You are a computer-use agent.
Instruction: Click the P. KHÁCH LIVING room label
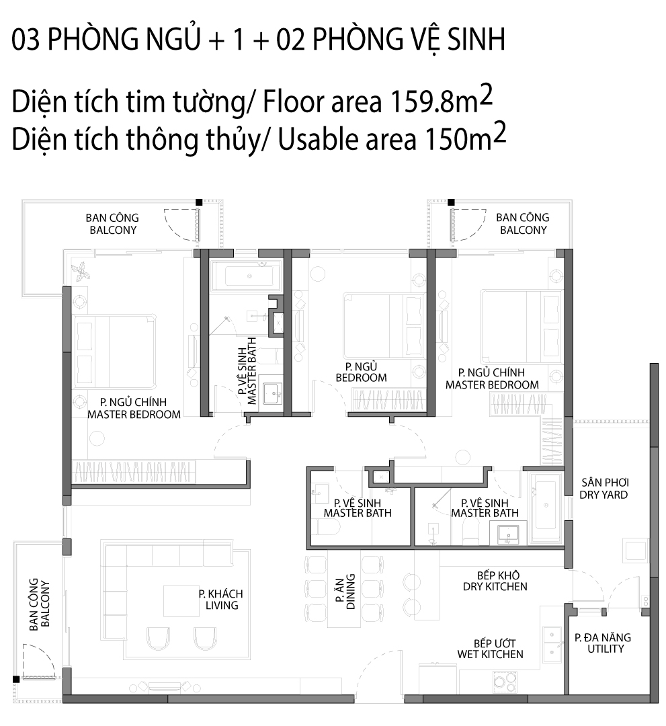click(x=220, y=599)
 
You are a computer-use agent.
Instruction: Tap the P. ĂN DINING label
click(x=345, y=592)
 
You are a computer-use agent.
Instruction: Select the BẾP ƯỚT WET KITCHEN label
click(x=490, y=649)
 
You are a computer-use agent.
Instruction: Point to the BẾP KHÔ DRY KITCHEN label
click(x=495, y=581)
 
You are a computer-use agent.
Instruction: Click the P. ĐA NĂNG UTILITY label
click(x=603, y=643)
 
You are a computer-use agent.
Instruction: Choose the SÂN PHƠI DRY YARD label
click(x=604, y=489)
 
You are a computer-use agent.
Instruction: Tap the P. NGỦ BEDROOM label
click(x=361, y=372)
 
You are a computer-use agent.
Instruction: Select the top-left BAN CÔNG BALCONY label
click(x=112, y=224)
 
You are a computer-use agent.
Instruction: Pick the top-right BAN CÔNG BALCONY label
click(x=523, y=224)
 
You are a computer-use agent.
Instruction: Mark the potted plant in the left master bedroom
click(x=81, y=270)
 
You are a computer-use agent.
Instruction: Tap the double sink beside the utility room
click(x=552, y=643)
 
